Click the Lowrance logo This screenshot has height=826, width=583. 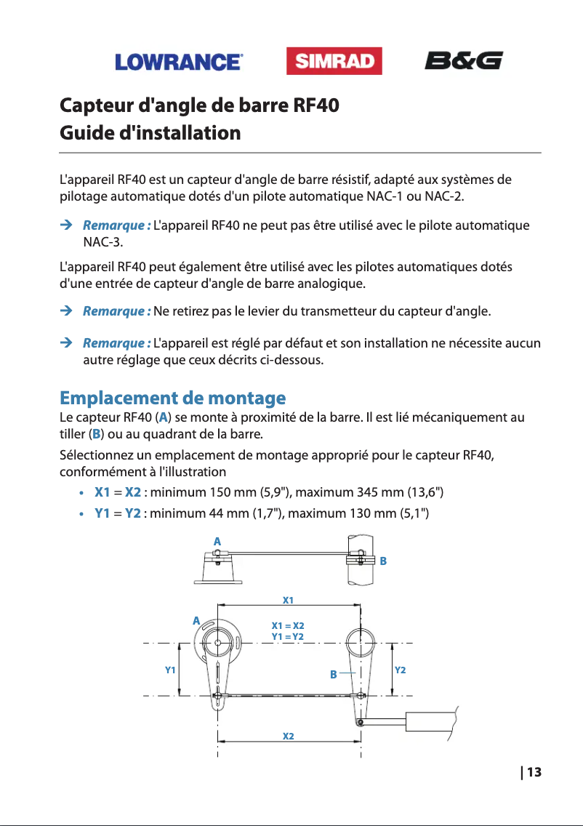[x=178, y=62]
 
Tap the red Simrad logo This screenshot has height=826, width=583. [x=334, y=62]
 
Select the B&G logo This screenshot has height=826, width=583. [x=463, y=60]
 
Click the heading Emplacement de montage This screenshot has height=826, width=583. [x=172, y=398]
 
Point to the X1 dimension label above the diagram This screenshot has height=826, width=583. [x=288, y=601]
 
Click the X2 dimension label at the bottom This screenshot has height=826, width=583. [x=289, y=737]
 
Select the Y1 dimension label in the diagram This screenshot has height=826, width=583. [x=171, y=669]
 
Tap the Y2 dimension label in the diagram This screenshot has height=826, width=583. [x=400, y=669]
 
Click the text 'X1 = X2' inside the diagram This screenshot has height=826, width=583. [x=288, y=626]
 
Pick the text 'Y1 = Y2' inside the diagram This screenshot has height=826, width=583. [x=288, y=637]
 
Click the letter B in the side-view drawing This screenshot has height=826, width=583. [x=383, y=561]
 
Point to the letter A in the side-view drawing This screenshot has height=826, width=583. [x=217, y=542]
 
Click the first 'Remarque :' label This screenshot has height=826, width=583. [x=117, y=225]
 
